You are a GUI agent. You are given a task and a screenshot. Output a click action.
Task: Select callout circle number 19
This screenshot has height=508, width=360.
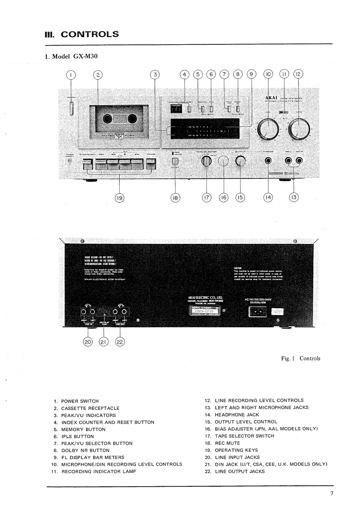[120, 197]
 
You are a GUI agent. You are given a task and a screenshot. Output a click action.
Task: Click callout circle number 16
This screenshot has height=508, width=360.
[223, 197]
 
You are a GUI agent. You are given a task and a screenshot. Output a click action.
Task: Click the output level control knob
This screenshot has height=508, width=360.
[240, 161]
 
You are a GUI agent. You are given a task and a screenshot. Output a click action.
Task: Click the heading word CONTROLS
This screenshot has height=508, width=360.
[90, 34]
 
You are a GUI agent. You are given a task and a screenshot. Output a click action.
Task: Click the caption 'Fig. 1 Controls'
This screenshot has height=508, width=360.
[300, 358]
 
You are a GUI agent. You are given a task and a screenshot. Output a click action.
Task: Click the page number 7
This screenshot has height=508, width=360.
[331, 493]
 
